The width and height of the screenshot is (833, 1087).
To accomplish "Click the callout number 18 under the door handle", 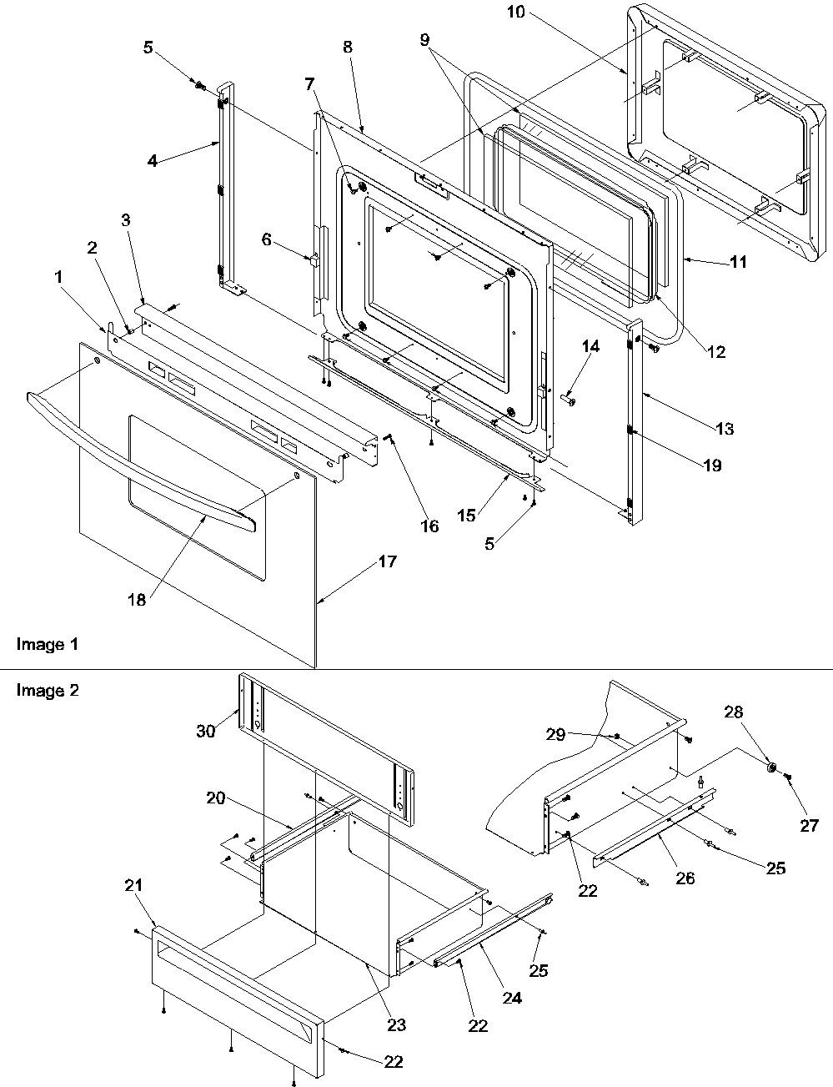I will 137,599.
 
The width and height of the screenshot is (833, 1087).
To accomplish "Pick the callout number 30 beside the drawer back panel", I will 206,731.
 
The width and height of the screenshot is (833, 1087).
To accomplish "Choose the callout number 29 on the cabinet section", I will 556,734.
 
